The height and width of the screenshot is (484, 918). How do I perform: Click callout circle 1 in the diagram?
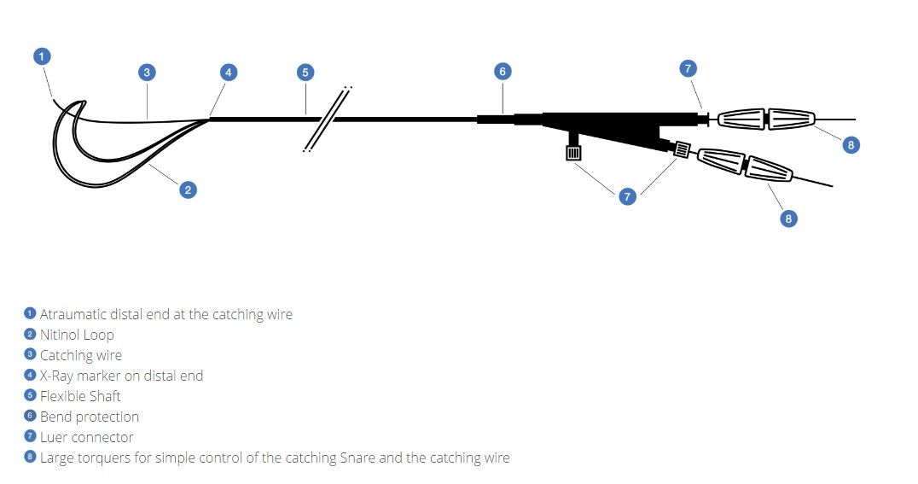coord(42,56)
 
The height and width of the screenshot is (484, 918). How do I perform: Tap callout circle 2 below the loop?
coord(189,190)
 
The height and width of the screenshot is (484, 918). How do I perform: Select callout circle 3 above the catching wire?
coord(147,73)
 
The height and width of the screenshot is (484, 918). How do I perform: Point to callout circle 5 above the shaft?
coord(305,72)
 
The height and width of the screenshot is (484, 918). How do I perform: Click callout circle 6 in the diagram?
coord(503,72)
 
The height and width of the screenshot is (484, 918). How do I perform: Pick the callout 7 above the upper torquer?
coord(688,68)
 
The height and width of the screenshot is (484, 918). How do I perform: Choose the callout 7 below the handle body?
coord(628,196)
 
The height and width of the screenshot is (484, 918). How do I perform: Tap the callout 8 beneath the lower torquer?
coord(788,219)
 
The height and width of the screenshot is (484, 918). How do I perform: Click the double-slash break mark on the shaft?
coord(328,119)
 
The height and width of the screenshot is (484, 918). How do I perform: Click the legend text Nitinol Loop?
coord(76,335)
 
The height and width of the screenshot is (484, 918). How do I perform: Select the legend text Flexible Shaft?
coord(80,396)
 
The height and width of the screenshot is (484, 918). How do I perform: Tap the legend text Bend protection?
coord(89,417)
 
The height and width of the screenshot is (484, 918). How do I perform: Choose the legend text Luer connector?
coord(86,437)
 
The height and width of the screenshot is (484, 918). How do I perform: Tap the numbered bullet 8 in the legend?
coord(31,458)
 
